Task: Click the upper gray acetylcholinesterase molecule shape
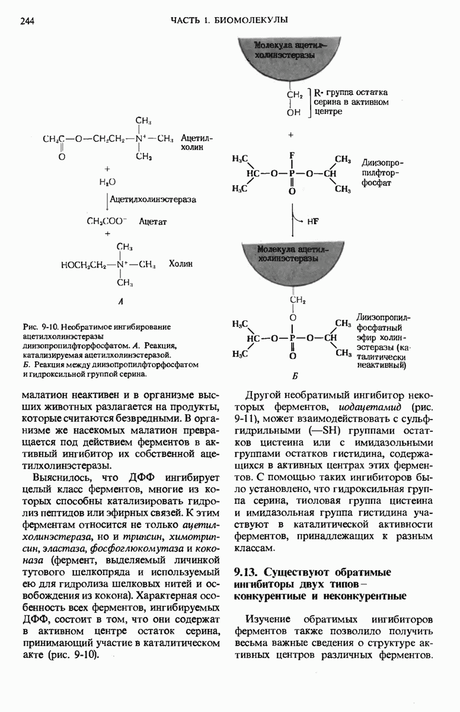click(291, 59)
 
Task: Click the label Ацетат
click(154, 221)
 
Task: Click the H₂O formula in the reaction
click(108, 182)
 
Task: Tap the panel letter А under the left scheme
click(120, 301)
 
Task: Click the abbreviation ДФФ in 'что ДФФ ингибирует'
click(141, 478)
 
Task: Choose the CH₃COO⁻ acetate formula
click(107, 221)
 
